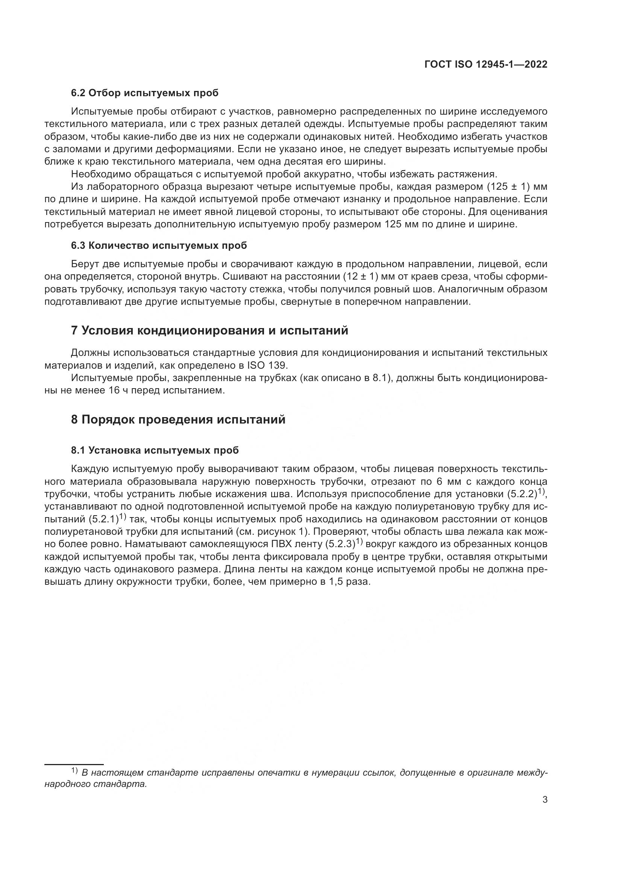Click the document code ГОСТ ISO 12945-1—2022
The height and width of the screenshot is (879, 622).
point(485,65)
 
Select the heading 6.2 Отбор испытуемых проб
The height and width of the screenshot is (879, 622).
point(144,93)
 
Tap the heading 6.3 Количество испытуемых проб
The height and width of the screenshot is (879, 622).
point(159,246)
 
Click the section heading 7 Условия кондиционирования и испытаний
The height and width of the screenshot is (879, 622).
point(209,330)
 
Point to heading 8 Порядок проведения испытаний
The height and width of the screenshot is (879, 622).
point(178,420)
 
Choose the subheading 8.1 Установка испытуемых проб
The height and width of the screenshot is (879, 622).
point(155,450)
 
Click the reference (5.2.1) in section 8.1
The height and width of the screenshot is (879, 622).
point(104,519)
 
